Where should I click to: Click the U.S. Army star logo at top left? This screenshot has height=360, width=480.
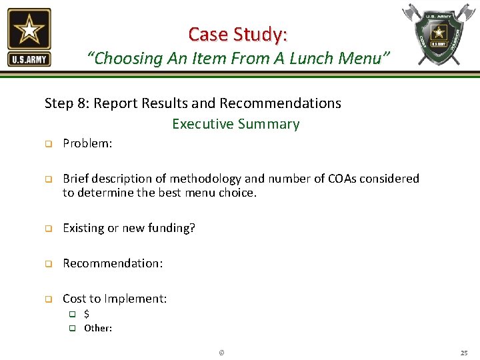click(x=29, y=37)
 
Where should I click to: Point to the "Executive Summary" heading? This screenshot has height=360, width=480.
click(x=236, y=124)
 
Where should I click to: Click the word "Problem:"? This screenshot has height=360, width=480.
click(x=87, y=143)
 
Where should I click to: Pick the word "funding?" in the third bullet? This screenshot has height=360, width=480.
click(x=173, y=228)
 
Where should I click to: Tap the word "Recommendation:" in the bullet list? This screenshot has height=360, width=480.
click(x=113, y=263)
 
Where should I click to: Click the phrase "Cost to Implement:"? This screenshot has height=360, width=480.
click(x=115, y=299)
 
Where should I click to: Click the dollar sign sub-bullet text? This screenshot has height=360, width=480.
click(x=87, y=314)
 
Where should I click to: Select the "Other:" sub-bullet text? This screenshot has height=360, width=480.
click(x=98, y=328)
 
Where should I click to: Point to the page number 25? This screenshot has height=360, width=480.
click(x=464, y=352)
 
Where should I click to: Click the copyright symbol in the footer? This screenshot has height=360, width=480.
click(x=221, y=352)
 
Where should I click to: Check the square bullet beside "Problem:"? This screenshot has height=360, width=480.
click(x=48, y=144)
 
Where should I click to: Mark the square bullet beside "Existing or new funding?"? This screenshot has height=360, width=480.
click(x=48, y=229)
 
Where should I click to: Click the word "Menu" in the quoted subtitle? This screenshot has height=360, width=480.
click(x=359, y=59)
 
